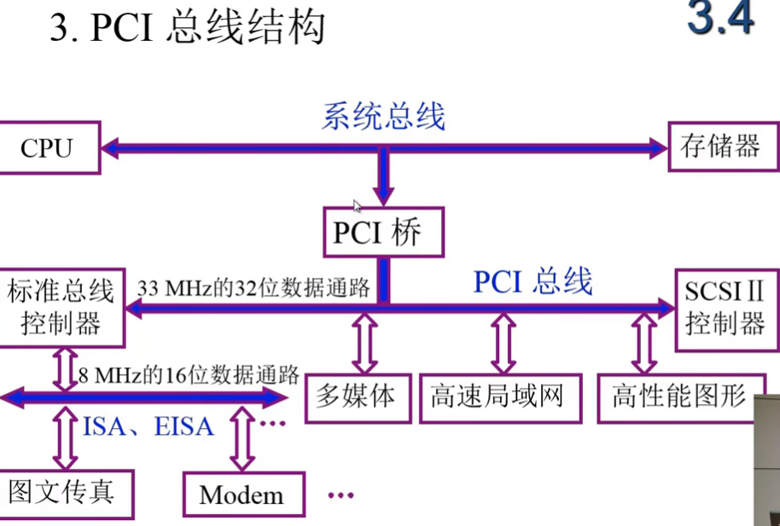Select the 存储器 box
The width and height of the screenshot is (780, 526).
tap(720, 147)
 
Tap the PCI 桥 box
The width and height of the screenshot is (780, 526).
tap(383, 232)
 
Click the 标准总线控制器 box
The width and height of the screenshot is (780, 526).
tap(60, 308)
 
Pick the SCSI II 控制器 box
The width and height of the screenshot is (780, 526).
tap(725, 309)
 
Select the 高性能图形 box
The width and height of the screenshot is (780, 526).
tap(678, 397)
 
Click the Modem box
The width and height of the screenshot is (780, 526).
tap(243, 494)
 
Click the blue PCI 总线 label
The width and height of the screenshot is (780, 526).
tap(533, 281)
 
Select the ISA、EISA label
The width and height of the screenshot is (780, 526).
tap(148, 425)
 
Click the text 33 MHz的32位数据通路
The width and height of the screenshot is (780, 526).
tap(253, 288)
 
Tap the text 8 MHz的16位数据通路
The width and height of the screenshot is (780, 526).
tap(188, 374)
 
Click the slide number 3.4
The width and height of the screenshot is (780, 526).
tap(721, 21)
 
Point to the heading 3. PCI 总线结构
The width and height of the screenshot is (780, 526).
tap(188, 27)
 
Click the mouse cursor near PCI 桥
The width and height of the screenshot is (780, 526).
tap(358, 205)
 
